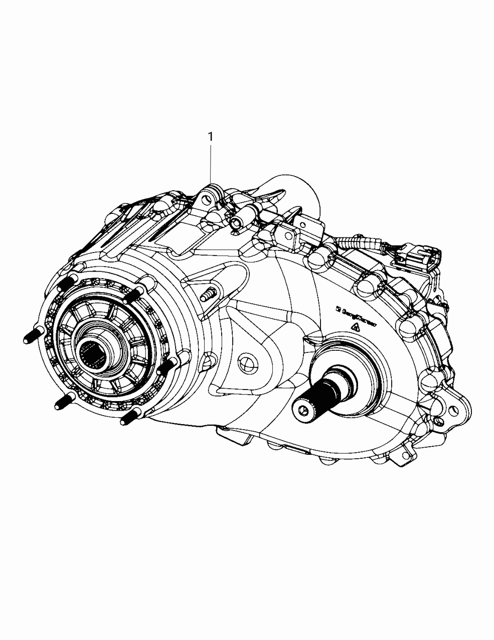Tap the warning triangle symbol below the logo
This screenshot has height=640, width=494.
click(x=357, y=327)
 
